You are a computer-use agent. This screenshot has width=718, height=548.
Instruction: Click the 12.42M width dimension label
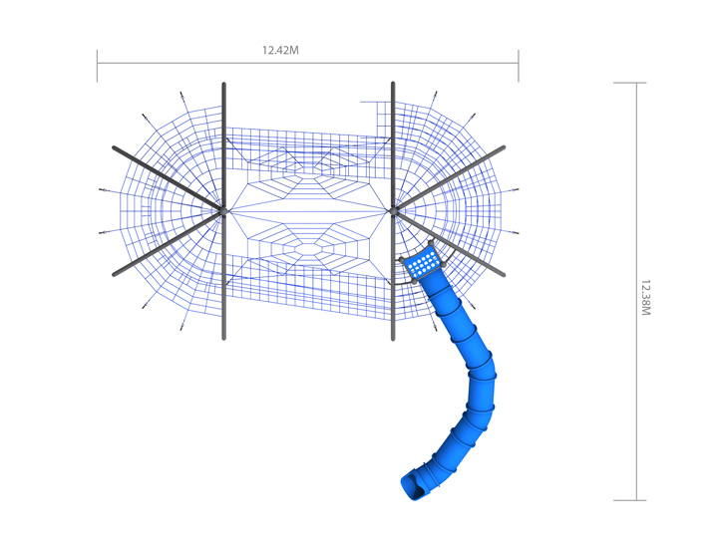click(x=280, y=51)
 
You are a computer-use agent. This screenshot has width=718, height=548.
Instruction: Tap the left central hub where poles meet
click(x=223, y=211)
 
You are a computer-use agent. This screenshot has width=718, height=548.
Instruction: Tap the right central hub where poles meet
click(x=393, y=211)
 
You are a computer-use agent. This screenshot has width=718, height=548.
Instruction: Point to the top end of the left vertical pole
click(x=224, y=84)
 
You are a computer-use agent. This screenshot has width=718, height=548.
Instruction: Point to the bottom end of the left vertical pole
click(x=224, y=339)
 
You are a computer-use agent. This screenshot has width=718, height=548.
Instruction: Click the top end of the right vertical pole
click(x=393, y=84)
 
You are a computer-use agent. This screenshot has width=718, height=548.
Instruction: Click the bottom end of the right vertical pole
click(x=393, y=339)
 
